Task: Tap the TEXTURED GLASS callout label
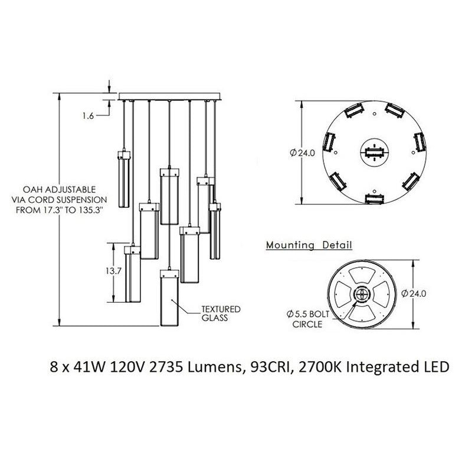click(212, 313)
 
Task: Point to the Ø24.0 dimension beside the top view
click(303, 152)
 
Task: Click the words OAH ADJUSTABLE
click(59, 190)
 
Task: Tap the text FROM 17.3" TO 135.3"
click(60, 209)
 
